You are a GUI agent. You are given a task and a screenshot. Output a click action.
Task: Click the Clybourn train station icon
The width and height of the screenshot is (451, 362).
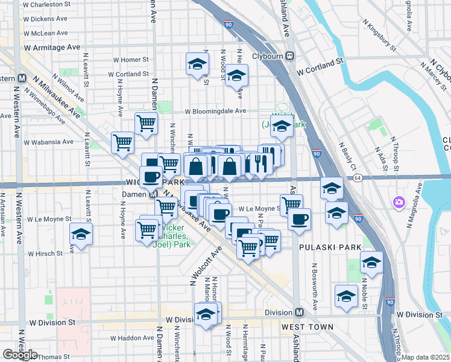290,56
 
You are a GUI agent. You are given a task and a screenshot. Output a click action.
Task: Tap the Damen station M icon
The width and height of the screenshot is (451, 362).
153,194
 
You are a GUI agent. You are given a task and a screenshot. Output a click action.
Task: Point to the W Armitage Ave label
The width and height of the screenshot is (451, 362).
52,47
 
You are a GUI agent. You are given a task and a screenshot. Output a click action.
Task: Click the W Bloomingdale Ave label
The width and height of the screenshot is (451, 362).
215,111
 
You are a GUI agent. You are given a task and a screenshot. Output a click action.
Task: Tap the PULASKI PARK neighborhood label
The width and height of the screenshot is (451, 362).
330,247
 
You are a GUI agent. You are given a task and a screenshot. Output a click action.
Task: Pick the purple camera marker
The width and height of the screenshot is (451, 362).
398,202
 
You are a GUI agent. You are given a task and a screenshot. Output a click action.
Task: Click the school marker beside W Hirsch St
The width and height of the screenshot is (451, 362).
80,234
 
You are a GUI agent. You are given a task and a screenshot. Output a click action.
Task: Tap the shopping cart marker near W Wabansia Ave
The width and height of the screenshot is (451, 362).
122,143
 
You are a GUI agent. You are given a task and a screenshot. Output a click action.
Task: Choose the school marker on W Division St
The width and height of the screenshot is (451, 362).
206,314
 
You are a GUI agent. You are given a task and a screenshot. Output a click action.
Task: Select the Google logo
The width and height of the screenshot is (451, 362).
19,355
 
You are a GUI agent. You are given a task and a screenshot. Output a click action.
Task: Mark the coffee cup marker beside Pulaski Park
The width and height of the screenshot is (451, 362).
298,219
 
